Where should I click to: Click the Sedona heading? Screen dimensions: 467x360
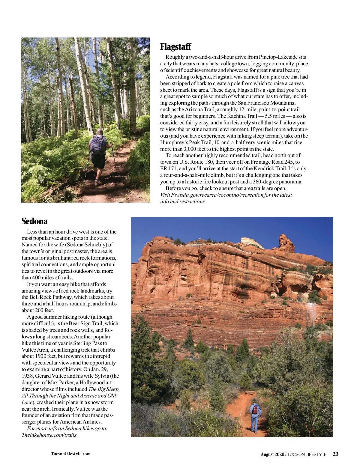(x=34, y=221)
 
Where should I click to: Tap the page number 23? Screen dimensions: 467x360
(x=336, y=454)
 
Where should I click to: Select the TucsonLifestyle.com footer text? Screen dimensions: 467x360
(x=71, y=454)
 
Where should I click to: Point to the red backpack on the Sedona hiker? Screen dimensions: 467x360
(x=255, y=409)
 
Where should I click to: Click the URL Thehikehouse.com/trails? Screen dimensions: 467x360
(x=49, y=435)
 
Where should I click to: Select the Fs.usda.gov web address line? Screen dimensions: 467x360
(x=226, y=195)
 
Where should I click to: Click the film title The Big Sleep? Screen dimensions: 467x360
(x=104, y=389)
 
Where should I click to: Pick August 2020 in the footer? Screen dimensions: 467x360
(x=272, y=454)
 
